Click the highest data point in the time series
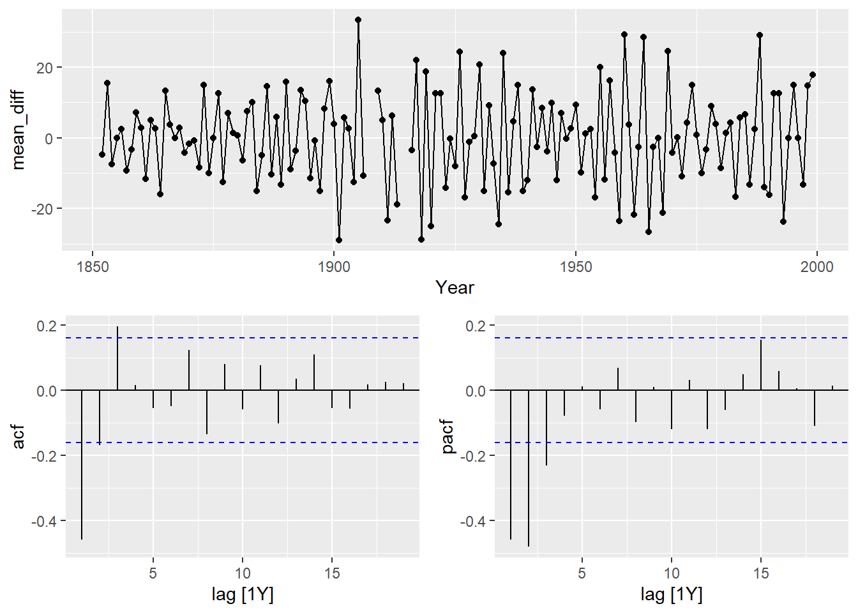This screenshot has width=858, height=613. pos(358,20)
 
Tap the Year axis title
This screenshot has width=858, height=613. pos(455,287)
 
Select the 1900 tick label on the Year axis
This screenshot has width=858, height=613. pos(334,267)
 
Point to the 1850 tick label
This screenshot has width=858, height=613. pos(93,267)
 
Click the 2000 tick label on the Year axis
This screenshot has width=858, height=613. pos(817,267)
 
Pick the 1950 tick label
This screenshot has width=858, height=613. pos(575,267)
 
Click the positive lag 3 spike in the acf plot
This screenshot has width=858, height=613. pos(117,358)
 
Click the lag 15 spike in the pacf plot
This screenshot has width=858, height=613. pos(761,365)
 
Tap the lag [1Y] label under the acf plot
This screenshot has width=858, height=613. pos(242,595)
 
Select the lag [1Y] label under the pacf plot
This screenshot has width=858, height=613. pos(671,595)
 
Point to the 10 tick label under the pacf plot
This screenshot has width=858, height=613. pos(671,573)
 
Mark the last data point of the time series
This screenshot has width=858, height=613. pos(813,75)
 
